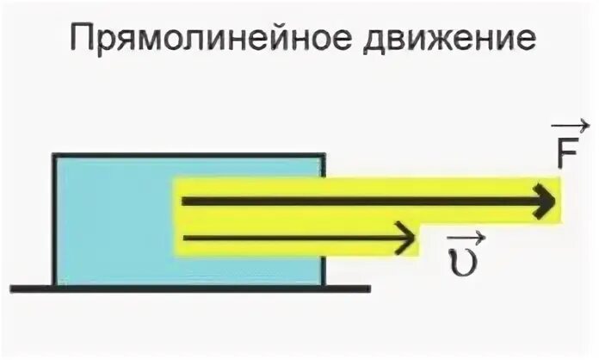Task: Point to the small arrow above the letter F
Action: pos(571,127)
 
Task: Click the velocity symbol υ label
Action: pos(460,258)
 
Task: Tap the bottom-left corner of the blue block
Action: pos(54,285)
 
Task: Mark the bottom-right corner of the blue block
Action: pos(324,285)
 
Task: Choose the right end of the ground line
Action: pos(370,288)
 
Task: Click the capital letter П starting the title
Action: pos(81,38)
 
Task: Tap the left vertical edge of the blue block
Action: pos(54,220)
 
